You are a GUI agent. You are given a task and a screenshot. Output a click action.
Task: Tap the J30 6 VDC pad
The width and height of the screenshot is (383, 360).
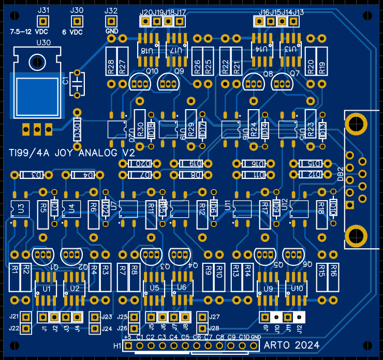click(77, 21)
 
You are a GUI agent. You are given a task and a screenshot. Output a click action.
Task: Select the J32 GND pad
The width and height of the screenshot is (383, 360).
click(110, 21)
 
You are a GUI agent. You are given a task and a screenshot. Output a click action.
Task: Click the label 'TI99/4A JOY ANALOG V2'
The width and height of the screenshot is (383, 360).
click(72, 153)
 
